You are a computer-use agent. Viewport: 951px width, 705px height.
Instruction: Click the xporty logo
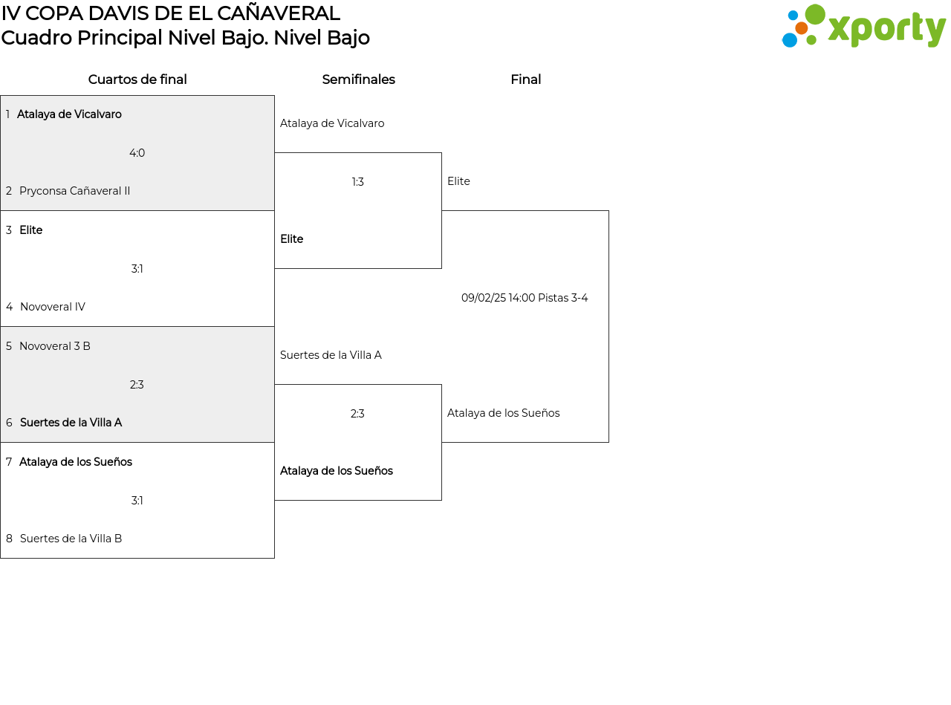863,26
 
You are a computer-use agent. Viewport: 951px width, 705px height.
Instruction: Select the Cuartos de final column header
137,79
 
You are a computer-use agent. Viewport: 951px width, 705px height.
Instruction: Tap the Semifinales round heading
358,79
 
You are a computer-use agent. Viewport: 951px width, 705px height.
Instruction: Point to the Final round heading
526,79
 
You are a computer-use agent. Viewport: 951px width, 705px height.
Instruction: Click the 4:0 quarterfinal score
137,153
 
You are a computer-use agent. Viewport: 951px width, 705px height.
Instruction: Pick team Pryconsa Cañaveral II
74,191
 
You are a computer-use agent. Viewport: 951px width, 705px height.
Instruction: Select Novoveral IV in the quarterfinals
53,307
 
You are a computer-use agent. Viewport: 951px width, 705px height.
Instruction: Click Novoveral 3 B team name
55,346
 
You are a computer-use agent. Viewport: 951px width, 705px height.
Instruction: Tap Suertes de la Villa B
71,538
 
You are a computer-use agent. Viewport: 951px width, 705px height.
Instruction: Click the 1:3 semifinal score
357,182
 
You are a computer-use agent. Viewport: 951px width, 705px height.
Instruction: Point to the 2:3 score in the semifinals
357,413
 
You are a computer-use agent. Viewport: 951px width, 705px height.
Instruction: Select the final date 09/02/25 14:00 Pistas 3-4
525,298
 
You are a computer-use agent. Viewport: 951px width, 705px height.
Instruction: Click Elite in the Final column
458,181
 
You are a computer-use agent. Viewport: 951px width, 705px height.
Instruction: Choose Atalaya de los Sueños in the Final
504,412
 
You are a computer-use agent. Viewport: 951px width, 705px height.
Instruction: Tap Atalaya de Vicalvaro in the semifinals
332,123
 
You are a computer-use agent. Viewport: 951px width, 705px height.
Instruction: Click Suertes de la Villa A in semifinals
331,354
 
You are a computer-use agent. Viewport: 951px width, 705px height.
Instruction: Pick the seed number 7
9,462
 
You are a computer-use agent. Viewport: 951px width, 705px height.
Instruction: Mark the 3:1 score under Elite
137,268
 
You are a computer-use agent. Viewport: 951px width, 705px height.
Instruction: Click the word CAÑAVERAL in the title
279,13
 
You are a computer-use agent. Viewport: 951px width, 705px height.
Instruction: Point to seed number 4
10,307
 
